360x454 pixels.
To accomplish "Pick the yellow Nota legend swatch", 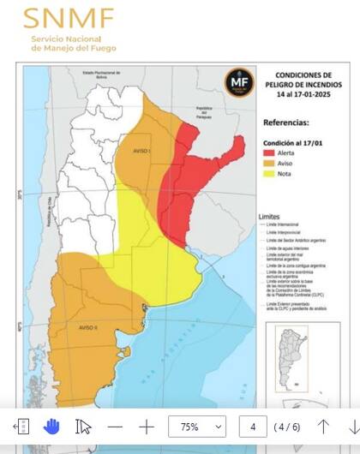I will coord(269,174).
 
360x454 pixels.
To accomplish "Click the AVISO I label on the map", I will coord(138,152).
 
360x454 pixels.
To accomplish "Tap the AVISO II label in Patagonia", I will coord(89,327).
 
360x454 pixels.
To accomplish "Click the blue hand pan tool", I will coord(51,426).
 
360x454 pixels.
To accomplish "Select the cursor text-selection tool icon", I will coord(83,426).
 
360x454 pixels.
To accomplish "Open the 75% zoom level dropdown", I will coord(197,426).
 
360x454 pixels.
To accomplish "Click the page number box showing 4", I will coord(252,426).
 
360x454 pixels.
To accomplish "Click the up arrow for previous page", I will coord(323,426).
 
